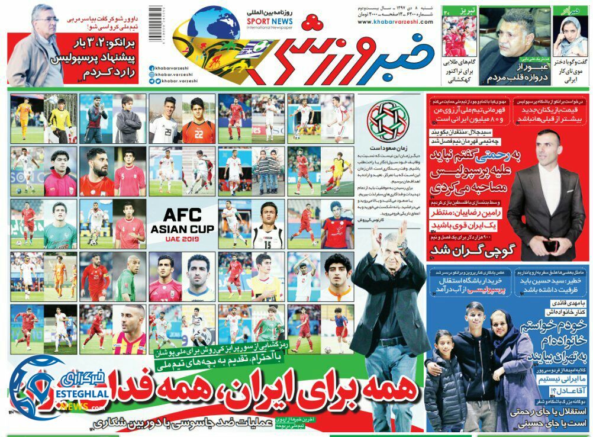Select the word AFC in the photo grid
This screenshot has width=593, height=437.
coord(182,216)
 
